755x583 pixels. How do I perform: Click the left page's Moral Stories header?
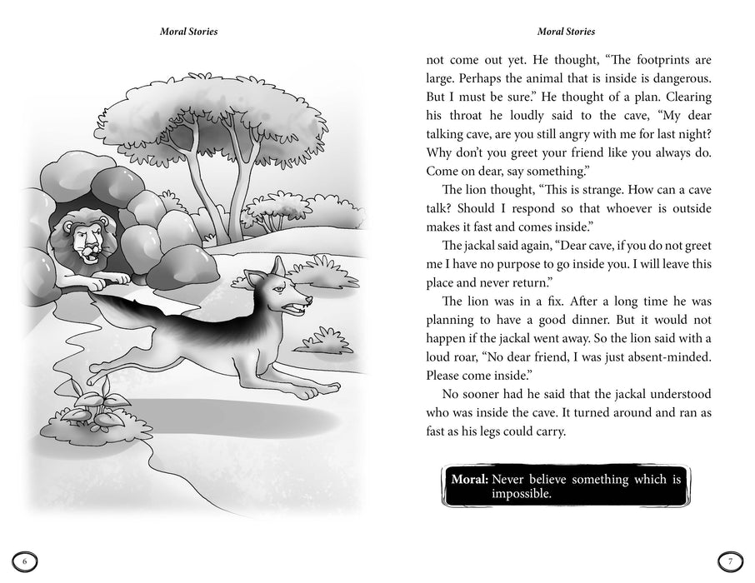pyautogui.click(x=189, y=32)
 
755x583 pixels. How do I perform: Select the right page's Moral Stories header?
pyautogui.click(x=567, y=32)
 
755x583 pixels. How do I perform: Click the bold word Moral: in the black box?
pyautogui.click(x=469, y=479)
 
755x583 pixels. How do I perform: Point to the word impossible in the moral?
pyautogui.click(x=522, y=494)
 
